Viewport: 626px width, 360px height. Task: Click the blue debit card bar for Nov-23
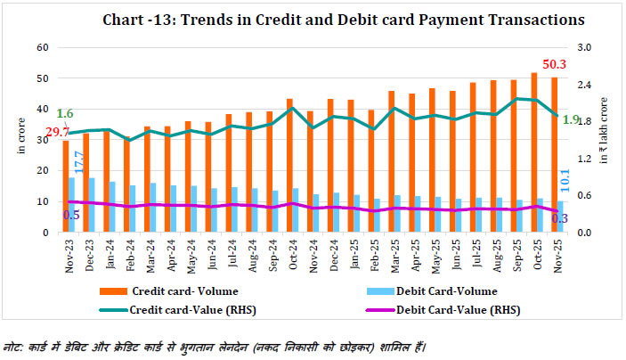click(72, 205)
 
